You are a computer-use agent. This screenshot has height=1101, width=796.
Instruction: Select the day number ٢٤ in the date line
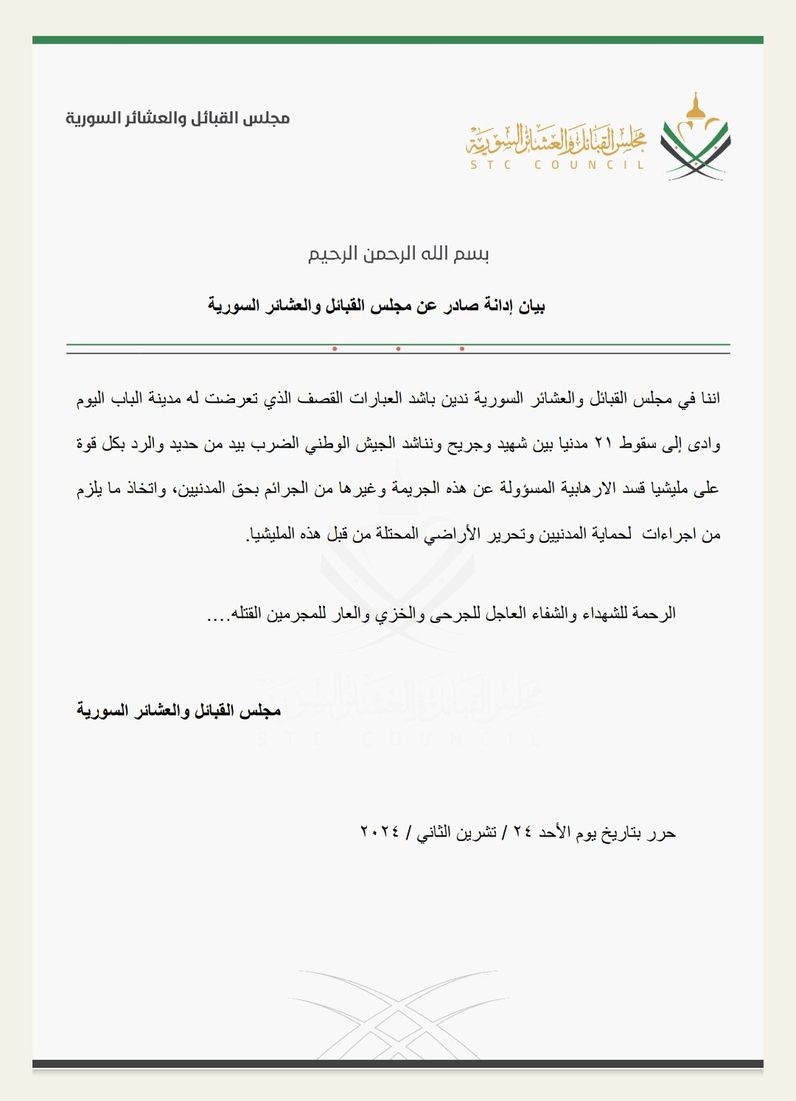tap(523, 832)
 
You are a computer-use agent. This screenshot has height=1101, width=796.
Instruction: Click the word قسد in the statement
tap(632, 489)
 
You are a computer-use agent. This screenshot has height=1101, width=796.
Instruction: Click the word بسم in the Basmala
tap(472, 254)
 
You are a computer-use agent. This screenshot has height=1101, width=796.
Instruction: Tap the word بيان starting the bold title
tap(532, 306)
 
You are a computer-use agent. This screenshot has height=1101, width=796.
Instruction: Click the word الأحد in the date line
tap(554, 832)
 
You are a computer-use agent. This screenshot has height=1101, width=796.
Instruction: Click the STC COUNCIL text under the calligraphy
tap(557, 165)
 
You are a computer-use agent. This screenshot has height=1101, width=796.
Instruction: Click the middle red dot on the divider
tap(398, 349)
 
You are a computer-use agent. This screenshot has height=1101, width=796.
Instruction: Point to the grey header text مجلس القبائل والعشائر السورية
tap(178, 118)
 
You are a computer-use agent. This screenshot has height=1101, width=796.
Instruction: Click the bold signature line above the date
tap(179, 711)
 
